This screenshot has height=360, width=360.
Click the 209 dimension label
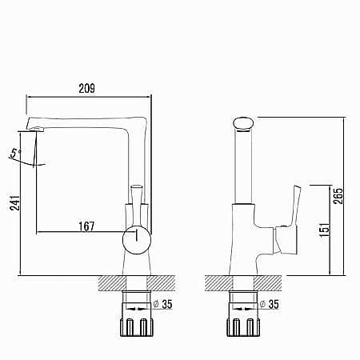pos(86,89)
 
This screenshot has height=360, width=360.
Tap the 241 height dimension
pos(15,202)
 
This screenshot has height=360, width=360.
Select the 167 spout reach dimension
pos(86,226)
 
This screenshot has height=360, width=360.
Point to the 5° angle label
pos(15,154)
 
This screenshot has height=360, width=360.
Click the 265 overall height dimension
pos(338,196)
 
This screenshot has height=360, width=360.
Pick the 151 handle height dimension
pos(325,230)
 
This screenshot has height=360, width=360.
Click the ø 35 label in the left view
pos(163,304)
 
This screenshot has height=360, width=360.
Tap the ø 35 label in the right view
pos(270,304)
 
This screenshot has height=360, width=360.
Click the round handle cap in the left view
pos(137,240)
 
